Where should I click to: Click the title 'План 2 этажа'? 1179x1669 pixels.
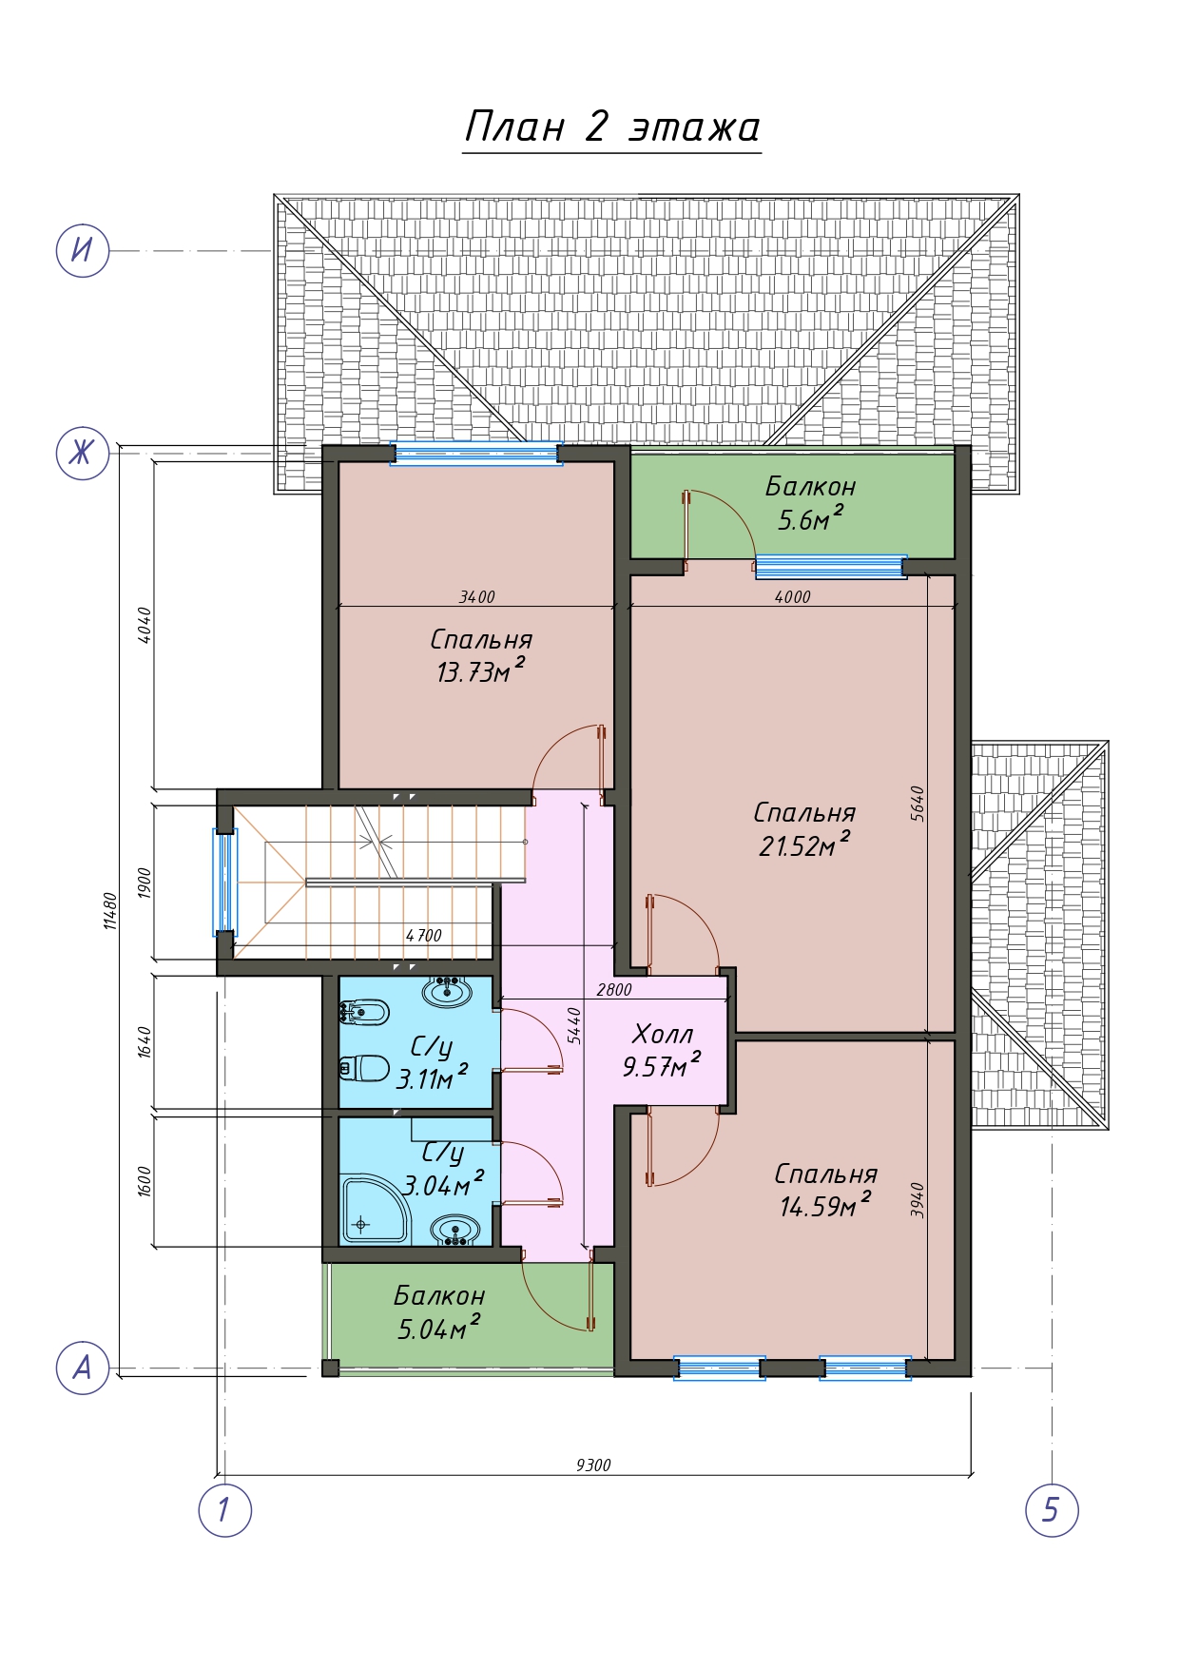click(612, 126)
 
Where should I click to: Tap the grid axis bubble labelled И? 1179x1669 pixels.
click(83, 251)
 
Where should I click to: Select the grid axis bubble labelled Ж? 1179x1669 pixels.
click(83, 453)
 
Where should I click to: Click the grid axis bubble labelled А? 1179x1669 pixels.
click(83, 1368)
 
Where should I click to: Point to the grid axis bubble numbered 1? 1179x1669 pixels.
click(224, 1509)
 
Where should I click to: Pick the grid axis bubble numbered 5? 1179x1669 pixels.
click(1052, 1509)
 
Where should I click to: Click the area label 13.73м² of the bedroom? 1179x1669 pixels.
click(480, 670)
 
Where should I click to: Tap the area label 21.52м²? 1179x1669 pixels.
click(804, 844)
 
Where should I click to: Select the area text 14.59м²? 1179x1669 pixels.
click(825, 1206)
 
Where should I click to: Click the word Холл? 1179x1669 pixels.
click(663, 1034)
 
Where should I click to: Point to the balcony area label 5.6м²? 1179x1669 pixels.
click(810, 519)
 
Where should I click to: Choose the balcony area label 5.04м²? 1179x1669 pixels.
click(438, 1328)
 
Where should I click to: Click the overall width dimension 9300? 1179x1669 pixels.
click(593, 1465)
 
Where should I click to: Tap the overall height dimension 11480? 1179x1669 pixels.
click(110, 910)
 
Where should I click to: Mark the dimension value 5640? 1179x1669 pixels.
click(917, 804)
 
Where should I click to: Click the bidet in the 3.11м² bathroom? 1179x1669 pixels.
click(364, 1013)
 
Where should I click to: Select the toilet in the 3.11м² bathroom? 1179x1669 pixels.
click(365, 1068)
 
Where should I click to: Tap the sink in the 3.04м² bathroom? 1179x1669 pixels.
click(455, 1232)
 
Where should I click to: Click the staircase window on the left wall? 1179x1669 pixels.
click(224, 881)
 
